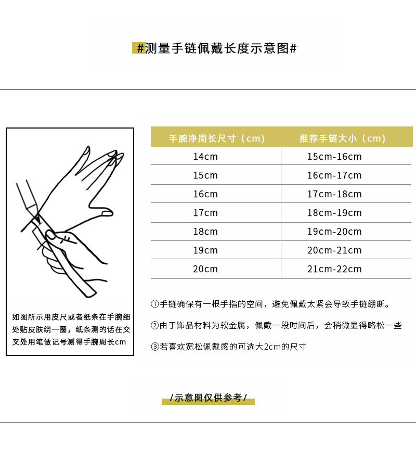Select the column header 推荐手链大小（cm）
pos(342,138)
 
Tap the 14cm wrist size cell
pos(205,157)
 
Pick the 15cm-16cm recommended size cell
pos(334,157)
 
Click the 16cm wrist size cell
pos(205,194)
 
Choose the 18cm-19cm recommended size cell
pos(334,213)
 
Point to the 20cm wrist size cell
pos(205,269)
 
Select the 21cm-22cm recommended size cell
pos(334,269)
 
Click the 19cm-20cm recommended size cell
pos(334,232)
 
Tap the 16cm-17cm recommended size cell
pos(334,175)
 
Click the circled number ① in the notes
pos(154,304)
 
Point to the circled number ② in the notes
pos(154,326)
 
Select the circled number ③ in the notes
pos(154,347)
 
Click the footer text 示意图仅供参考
pos(208,398)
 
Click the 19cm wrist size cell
pos(205,250)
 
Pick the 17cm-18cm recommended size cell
pos(334,194)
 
